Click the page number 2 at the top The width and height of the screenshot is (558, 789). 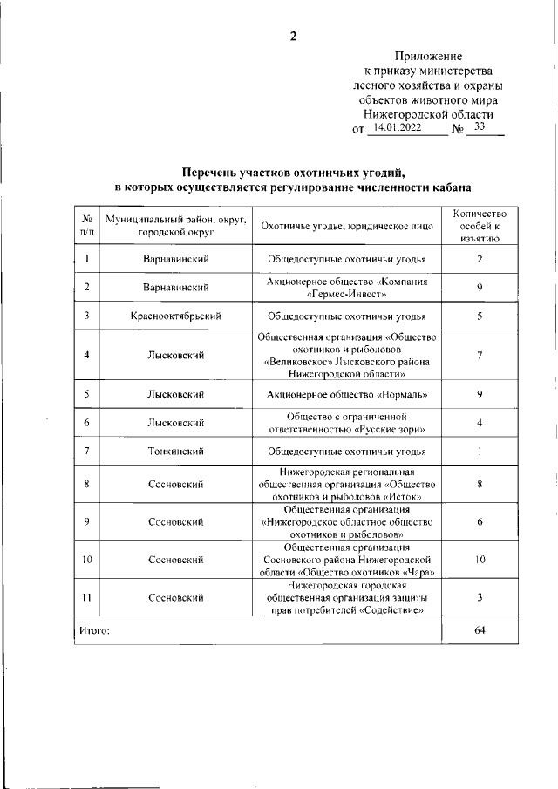pos(293,36)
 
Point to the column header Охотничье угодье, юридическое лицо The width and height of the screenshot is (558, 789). pos(347,226)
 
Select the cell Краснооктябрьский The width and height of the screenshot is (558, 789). pos(175,316)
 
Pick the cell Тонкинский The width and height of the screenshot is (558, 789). pos(175,452)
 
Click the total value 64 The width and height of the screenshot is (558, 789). pos(480,630)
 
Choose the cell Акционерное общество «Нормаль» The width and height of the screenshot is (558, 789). pos(347,395)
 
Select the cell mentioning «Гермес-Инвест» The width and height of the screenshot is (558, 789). pos(347,287)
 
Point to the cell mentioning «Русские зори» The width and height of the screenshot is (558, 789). pos(347,423)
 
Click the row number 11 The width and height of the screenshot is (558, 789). pos(87,597)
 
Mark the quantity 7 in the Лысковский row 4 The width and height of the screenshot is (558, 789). pos(480,355)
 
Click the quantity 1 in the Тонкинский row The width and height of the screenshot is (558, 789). pos(480,452)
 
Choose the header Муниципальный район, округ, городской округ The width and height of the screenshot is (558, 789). pos(175,226)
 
